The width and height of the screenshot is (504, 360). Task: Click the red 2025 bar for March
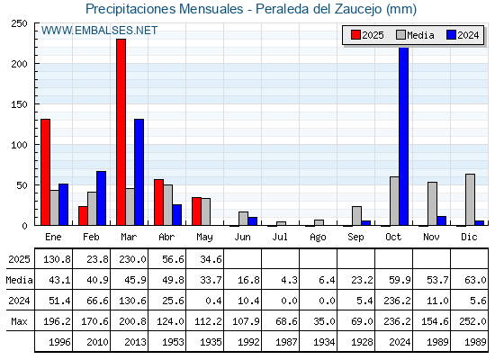click(121, 132)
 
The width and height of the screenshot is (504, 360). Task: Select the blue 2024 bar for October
click(404, 136)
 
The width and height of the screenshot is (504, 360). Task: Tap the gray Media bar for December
click(470, 200)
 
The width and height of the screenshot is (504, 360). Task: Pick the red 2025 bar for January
click(45, 172)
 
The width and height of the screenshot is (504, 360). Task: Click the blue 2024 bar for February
click(101, 198)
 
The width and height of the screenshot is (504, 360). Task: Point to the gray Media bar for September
click(356, 216)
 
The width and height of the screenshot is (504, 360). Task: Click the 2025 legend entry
click(367, 35)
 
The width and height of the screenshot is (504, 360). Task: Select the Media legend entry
click(415, 35)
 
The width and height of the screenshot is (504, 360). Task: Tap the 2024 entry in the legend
click(463, 35)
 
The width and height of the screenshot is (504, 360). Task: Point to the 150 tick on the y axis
click(19, 104)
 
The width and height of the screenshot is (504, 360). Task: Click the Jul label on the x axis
click(280, 237)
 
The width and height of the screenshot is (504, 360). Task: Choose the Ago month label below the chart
click(318, 238)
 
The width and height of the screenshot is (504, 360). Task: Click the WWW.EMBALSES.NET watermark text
click(99, 31)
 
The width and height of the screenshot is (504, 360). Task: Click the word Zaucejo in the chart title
click(358, 9)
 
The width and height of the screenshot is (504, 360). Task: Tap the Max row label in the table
click(19, 321)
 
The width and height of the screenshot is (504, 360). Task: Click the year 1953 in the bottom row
click(173, 342)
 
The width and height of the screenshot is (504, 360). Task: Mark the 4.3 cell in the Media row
click(289, 280)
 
